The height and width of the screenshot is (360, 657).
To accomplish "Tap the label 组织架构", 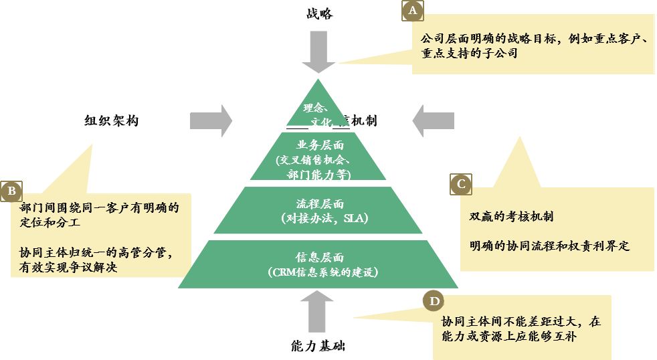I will coord(112,121).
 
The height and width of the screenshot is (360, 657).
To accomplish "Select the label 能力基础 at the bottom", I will coord(318,346).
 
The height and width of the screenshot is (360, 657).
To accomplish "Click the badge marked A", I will coord(412,11).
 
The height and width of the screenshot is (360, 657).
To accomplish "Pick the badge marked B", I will coord(11,191).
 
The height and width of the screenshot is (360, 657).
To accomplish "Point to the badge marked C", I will coord(460,184).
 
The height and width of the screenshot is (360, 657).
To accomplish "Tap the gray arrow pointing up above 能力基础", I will coord(318,312).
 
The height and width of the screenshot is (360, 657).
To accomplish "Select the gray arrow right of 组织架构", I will coord(210,121).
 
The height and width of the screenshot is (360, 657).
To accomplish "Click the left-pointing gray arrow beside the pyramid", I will coord(433,121).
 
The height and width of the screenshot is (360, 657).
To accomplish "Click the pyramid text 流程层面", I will coord(318,204).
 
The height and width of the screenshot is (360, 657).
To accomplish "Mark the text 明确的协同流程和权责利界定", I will coord(549,246).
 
